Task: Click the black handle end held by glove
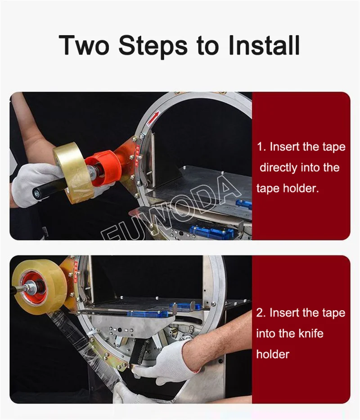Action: (38, 193)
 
